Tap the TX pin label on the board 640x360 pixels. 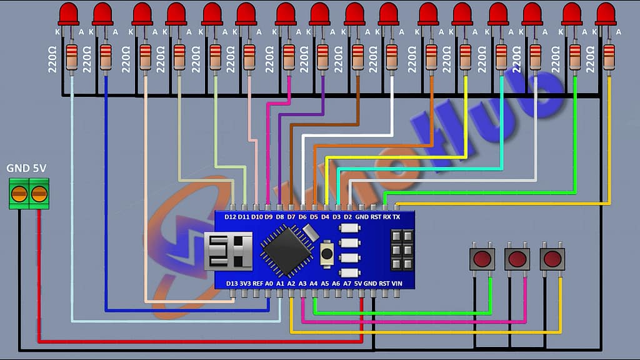pyautogui.click(x=396, y=217)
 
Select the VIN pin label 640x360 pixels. pyautogui.click(x=397, y=283)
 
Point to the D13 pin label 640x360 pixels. pyautogui.click(x=232, y=283)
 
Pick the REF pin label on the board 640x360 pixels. pyautogui.click(x=257, y=283)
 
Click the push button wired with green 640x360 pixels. pyautogui.click(x=482, y=259)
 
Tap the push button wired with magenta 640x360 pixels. pyautogui.click(x=517, y=259)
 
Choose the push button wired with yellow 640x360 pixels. pyautogui.click(x=552, y=259)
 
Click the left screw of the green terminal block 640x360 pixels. pyautogui.click(x=19, y=194)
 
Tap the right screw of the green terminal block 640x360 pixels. pyautogui.click(x=39, y=194)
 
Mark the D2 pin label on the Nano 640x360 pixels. pyautogui.click(x=348, y=217)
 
